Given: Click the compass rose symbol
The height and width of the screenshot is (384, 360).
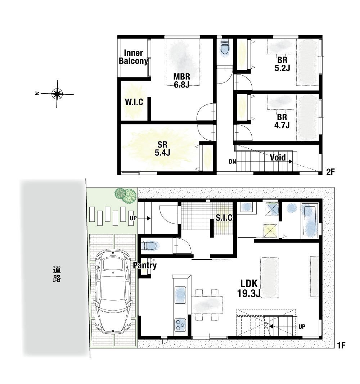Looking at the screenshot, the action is pyautogui.click(x=57, y=94).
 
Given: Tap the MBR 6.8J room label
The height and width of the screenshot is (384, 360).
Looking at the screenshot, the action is pyautogui.click(x=182, y=81).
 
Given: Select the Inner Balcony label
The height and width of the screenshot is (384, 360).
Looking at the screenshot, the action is pyautogui.click(x=134, y=57).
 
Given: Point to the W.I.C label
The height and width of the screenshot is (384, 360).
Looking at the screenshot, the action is pyautogui.click(x=134, y=102).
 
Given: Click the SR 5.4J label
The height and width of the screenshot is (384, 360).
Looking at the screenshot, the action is pyautogui.click(x=162, y=148).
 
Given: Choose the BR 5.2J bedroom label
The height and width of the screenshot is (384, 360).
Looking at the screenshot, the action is pyautogui.click(x=282, y=64).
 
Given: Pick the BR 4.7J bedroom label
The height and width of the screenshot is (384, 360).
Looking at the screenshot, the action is pyautogui.click(x=282, y=121).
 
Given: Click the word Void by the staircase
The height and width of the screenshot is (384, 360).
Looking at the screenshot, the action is pyautogui.click(x=278, y=158).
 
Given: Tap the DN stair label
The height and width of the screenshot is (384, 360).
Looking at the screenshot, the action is pyautogui.click(x=233, y=162).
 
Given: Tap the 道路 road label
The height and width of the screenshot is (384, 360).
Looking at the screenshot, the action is pyautogui.click(x=57, y=274).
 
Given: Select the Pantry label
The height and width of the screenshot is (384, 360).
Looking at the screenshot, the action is pyautogui.click(x=145, y=266).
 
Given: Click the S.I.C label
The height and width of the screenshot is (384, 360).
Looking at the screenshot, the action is pyautogui.click(x=224, y=217).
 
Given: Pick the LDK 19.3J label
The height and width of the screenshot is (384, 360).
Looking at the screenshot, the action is pyautogui.click(x=249, y=288).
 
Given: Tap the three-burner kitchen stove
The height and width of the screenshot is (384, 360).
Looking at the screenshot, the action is pyautogui.click(x=180, y=325).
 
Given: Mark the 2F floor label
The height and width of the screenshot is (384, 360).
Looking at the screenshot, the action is pyautogui.click(x=330, y=172).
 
